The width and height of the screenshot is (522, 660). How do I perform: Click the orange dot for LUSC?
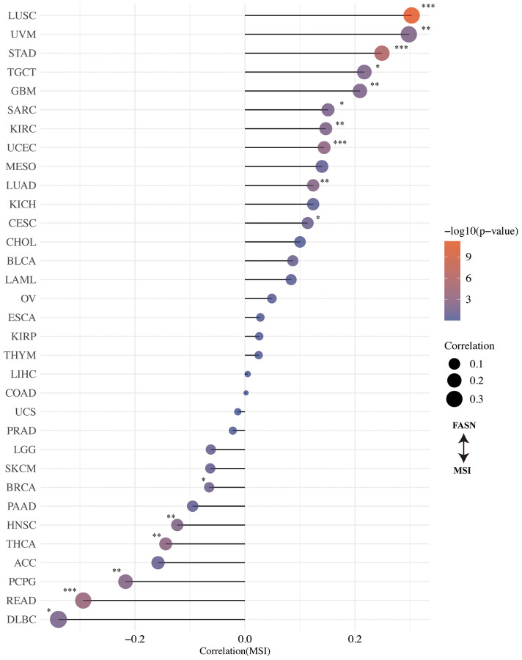coord(411,15)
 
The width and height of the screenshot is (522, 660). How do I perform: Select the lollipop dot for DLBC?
coord(58,620)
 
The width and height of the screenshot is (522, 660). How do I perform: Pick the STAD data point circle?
coord(381,53)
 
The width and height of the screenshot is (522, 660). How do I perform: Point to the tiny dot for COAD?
coord(246,393)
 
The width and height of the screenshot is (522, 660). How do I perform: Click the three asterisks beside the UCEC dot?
coord(339,143)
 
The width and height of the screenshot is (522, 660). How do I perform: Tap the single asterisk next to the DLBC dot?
coord(48,610)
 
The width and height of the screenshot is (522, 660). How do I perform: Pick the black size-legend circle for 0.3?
coord(455,399)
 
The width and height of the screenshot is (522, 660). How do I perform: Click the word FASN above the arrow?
coord(463,425)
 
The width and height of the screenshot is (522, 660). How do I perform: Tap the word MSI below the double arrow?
coord(463,470)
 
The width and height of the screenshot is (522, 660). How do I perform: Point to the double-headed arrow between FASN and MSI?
coord(463,447)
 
